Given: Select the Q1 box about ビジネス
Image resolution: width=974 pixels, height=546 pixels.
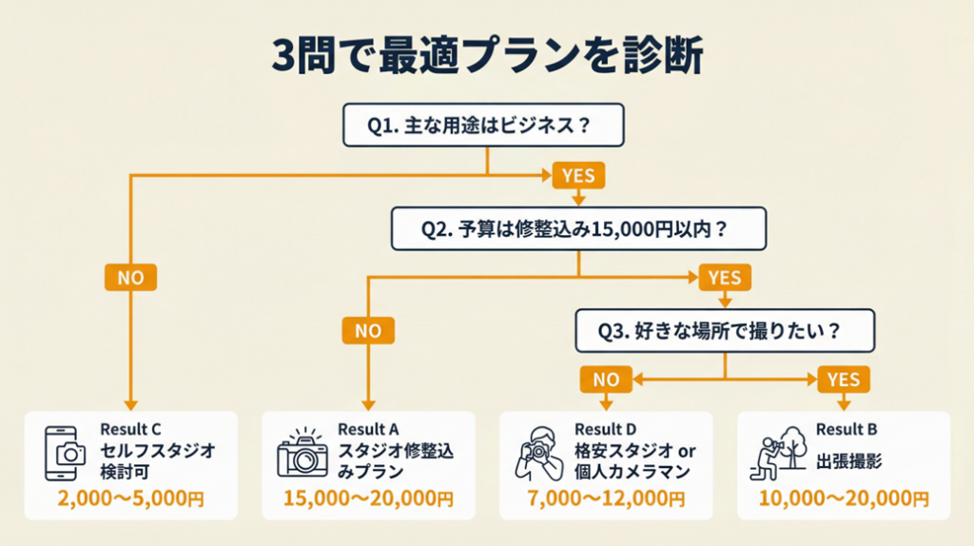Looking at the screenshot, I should [x=483, y=125].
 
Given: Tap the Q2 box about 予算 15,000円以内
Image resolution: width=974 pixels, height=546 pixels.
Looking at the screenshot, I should [x=579, y=230].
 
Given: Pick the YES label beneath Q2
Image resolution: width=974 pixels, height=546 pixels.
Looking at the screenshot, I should [x=725, y=278].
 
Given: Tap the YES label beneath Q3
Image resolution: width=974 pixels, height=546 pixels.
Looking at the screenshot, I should [x=843, y=380].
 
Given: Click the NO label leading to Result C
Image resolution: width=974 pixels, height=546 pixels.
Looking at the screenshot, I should [x=130, y=278].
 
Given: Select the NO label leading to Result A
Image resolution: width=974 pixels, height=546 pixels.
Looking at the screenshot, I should [x=368, y=330].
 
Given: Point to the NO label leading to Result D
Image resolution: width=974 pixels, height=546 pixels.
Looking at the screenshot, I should [x=606, y=380].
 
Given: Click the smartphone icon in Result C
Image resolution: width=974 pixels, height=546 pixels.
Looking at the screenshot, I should [x=66, y=451].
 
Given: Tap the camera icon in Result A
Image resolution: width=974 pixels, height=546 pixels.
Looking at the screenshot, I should [x=302, y=453].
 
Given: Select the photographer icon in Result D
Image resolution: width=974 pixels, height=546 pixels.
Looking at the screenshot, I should [x=538, y=454].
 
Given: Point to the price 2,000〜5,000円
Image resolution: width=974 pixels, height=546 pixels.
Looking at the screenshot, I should [x=130, y=497].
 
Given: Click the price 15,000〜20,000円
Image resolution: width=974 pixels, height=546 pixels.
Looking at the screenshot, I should [x=368, y=497].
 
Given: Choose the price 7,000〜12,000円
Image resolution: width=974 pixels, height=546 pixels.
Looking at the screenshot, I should [x=606, y=497].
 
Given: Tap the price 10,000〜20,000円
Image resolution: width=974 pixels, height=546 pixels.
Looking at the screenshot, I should [x=844, y=497].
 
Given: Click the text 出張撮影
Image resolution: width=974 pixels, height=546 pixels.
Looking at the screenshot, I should [x=849, y=461].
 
